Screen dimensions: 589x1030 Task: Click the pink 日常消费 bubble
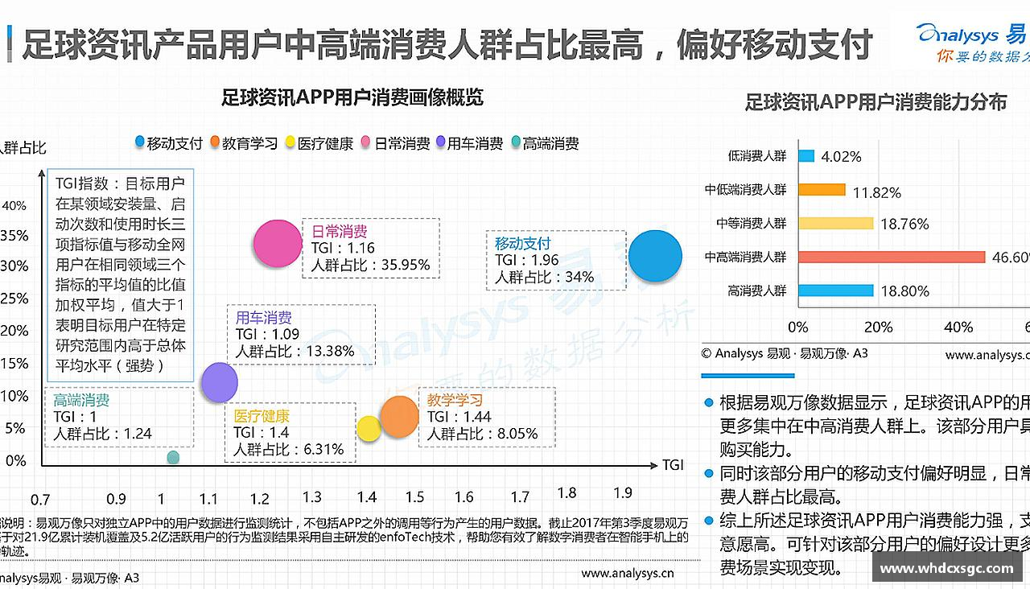coord(277,243)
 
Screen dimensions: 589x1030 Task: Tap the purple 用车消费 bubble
coord(219,382)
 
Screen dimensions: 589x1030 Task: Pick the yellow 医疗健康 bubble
coord(369,429)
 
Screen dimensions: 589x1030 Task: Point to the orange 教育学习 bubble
coord(399,416)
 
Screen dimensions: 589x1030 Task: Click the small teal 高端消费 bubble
coord(173,458)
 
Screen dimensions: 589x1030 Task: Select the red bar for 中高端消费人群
coord(892,257)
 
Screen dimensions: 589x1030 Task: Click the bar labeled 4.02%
coord(806,156)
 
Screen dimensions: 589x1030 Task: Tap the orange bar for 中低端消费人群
coord(822,190)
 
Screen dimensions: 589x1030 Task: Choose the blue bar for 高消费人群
coord(835,290)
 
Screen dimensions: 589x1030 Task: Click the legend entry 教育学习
coord(243,143)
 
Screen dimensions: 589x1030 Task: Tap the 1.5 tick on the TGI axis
coord(414,497)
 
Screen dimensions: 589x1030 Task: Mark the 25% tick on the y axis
coord(15,299)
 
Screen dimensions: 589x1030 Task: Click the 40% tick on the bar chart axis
coord(958,327)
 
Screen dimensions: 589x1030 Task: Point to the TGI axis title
coord(673,465)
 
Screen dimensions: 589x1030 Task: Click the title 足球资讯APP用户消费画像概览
coord(352,98)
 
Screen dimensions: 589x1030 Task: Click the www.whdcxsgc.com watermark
coord(946,568)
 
